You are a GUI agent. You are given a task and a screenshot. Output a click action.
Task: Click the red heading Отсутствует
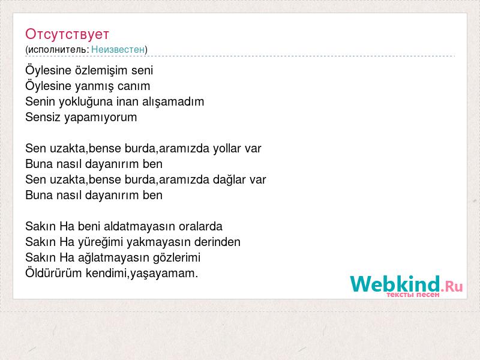point(67,34)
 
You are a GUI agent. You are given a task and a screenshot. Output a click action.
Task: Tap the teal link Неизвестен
point(118,49)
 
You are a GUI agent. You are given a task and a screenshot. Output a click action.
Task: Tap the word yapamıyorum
point(100,118)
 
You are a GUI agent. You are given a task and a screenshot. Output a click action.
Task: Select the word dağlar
point(229,180)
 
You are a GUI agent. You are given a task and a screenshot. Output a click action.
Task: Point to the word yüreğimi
point(100,242)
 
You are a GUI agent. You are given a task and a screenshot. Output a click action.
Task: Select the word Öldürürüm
point(53,273)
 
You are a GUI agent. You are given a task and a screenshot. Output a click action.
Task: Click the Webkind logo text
point(395,284)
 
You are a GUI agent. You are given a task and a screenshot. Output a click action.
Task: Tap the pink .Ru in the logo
point(452,287)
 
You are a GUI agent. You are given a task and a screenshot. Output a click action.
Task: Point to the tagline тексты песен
point(413,295)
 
